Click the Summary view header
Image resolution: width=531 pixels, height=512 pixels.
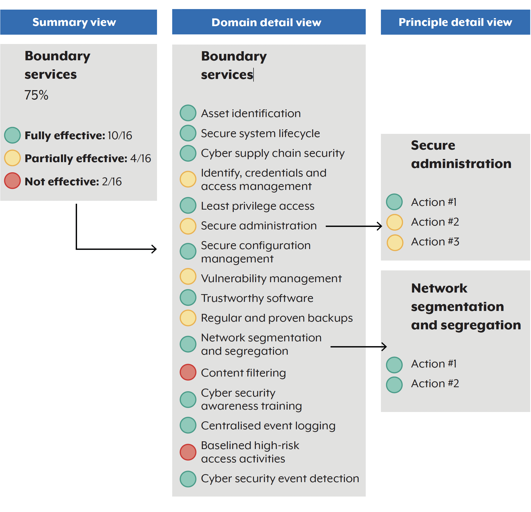79,22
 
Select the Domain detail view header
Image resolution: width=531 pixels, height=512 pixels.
269,22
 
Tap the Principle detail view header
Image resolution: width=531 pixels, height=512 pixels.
456,22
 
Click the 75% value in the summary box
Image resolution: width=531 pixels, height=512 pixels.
36,95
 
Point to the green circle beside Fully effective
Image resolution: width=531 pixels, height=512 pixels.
13,135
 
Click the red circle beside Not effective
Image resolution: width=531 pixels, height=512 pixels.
13,181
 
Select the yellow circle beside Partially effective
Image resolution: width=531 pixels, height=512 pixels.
13,158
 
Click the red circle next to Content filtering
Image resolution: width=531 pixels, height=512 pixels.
188,373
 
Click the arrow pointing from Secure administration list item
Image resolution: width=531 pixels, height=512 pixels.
354,226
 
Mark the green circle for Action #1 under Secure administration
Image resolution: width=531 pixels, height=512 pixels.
395,202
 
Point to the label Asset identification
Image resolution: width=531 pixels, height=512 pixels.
251,114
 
